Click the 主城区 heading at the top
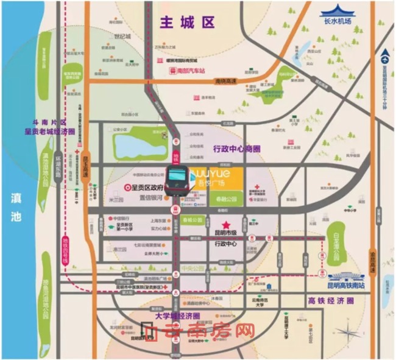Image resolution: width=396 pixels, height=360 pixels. [187, 23]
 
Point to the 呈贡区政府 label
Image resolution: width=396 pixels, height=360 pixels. [145, 187]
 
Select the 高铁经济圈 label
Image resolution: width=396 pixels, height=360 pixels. [329, 300]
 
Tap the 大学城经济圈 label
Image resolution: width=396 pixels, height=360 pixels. [178, 316]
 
